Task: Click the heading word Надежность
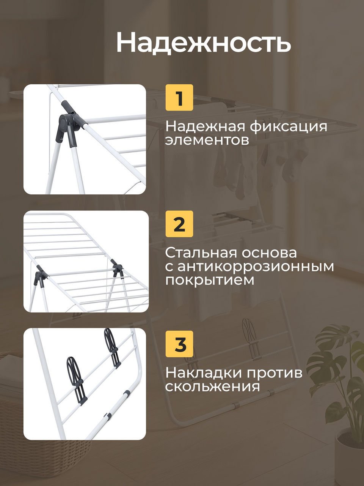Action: pos(204,43)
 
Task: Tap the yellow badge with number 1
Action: pos(179,98)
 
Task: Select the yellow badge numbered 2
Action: pos(179,224)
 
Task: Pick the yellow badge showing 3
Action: pos(179,344)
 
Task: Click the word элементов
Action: pos(207,140)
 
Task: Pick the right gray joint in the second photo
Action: pos(117,268)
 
